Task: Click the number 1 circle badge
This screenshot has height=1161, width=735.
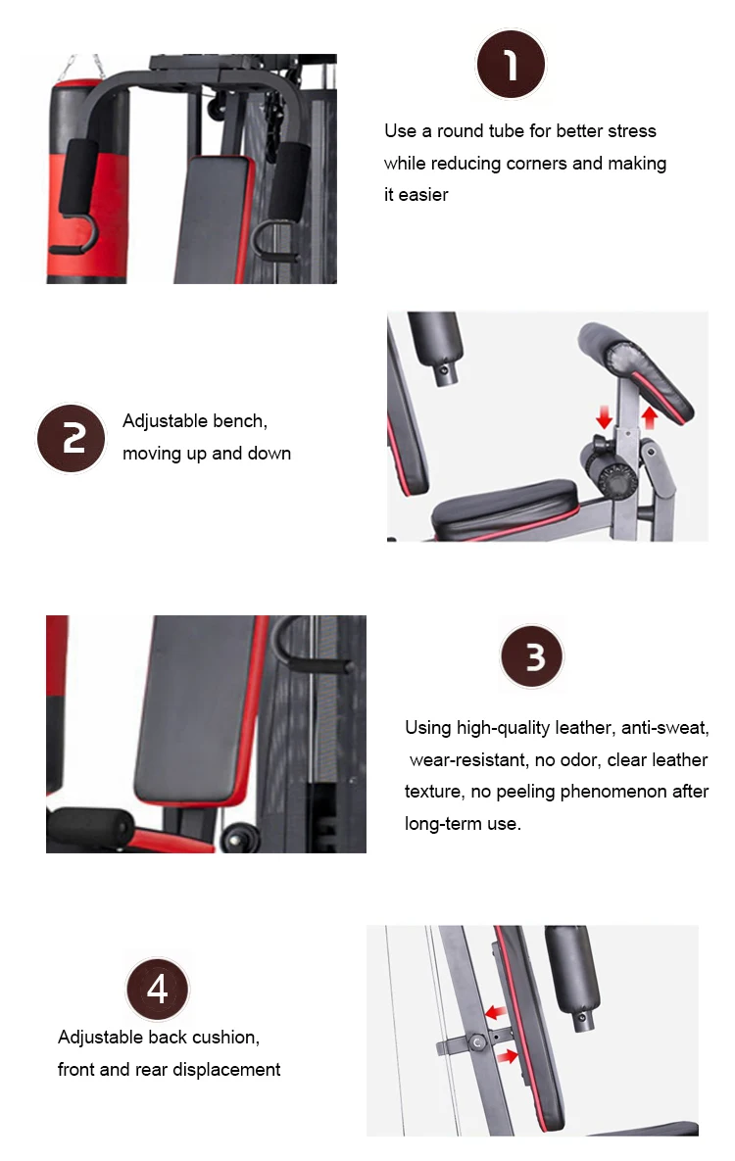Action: point(510,65)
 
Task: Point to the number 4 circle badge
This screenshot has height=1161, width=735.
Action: point(157,990)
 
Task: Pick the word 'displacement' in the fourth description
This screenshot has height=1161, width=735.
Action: point(225,1070)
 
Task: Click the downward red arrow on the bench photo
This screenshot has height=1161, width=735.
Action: point(604,418)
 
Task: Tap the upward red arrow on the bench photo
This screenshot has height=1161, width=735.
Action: point(648,418)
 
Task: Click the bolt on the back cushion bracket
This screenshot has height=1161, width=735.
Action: point(477,1044)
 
